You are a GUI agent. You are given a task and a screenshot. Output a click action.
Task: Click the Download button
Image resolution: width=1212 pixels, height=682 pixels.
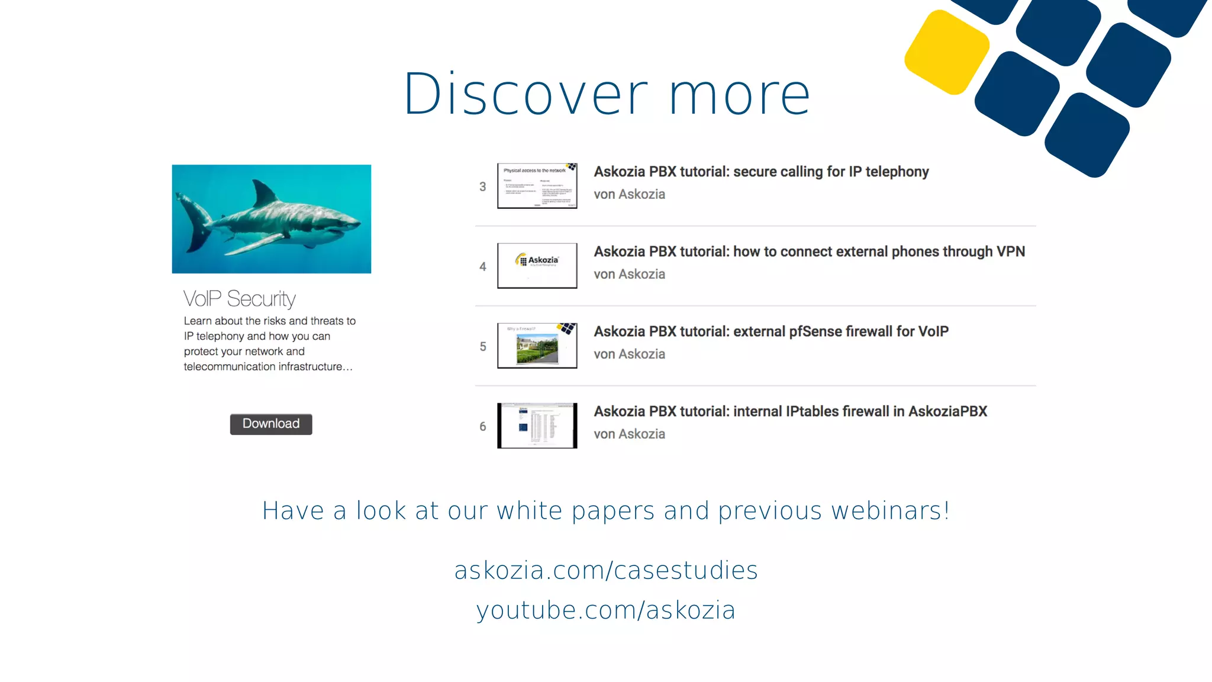point(271,424)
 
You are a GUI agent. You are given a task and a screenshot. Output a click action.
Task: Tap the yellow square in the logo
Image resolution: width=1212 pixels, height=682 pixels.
point(947,52)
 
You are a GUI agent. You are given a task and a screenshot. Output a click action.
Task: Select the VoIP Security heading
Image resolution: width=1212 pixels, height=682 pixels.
point(239,299)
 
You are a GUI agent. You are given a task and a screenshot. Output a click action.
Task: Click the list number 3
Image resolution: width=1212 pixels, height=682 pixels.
point(483,187)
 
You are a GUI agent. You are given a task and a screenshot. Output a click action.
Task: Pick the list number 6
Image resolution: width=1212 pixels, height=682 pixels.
point(483,427)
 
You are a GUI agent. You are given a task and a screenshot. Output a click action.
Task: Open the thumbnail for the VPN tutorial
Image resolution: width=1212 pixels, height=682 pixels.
point(537,266)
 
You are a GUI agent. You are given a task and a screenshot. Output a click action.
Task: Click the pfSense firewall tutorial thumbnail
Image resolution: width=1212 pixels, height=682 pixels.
point(537,346)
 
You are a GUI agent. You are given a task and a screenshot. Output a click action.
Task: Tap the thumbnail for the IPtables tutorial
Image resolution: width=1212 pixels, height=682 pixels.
point(537,426)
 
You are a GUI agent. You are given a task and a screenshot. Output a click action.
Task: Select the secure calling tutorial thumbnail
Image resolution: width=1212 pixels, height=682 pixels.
point(537,186)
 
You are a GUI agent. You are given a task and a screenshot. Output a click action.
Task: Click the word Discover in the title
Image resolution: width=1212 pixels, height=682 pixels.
point(526,95)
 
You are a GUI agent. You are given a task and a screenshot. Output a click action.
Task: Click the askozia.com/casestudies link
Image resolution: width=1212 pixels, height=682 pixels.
point(606,570)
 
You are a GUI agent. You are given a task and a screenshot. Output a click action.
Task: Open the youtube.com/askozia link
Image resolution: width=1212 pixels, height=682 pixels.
point(606,610)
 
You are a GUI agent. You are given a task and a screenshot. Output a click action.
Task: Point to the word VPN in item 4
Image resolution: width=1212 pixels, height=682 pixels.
point(1010,252)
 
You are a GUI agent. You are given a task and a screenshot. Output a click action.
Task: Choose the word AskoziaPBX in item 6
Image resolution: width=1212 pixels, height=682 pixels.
point(947,411)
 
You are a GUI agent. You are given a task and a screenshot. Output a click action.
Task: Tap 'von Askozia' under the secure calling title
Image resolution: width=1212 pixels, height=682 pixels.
point(629,194)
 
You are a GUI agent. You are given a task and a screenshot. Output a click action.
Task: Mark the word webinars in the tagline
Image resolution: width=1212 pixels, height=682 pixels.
point(890,511)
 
